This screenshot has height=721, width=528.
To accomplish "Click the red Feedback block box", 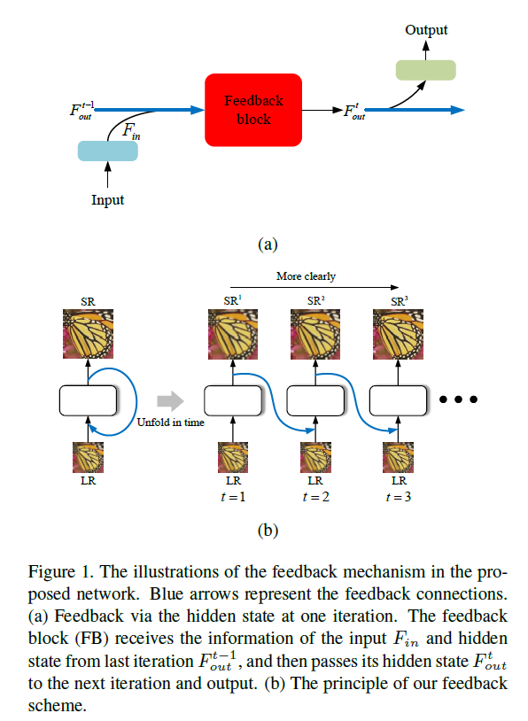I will coord(254,110).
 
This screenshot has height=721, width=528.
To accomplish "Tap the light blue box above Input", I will coord(108,151).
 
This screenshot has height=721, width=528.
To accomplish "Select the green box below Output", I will coord(425,70).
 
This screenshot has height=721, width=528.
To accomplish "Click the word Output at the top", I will coord(426,30).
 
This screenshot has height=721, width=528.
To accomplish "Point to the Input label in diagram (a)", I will coord(108,200).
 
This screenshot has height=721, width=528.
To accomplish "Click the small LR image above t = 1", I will coord(231,457).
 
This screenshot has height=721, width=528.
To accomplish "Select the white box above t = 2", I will coord(315,400).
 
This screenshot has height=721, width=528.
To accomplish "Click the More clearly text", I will coord(307,275).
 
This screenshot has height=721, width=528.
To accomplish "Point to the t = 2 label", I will coord(315,497).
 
